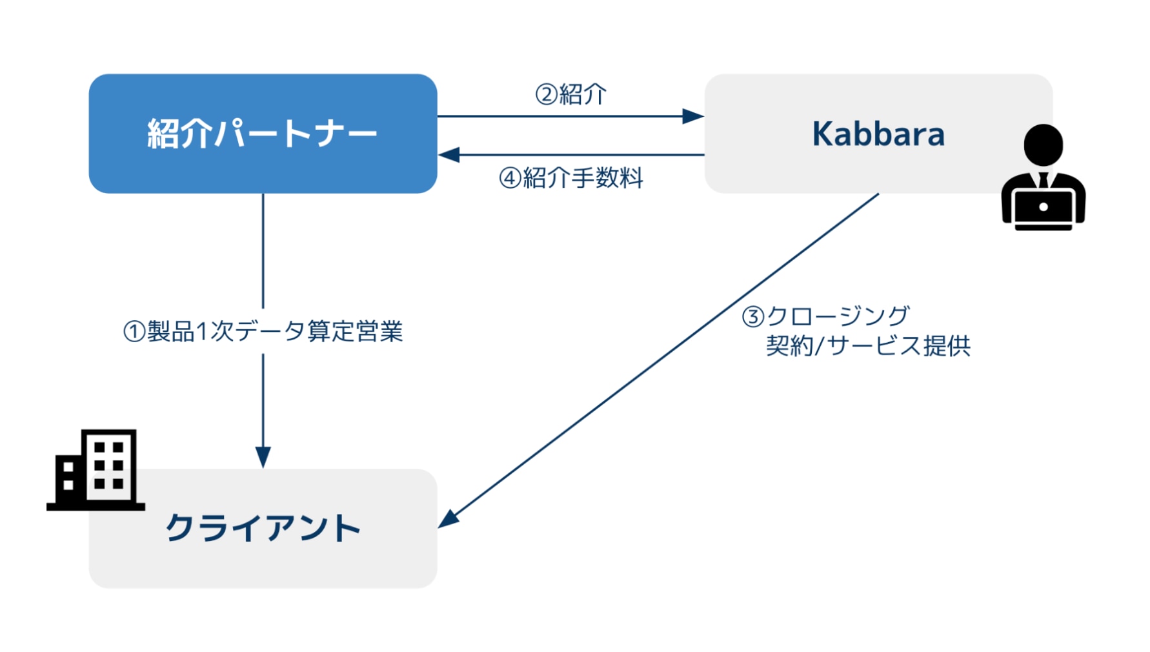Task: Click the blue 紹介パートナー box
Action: tap(263, 134)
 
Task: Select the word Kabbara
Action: tap(878, 134)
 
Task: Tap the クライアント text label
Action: tap(263, 528)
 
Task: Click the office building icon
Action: tap(96, 470)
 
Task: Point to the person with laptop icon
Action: tap(1044, 178)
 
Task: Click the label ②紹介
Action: tap(571, 94)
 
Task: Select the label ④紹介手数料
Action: tap(571, 178)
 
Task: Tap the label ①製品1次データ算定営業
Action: tap(263, 331)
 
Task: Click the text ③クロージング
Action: tap(826, 316)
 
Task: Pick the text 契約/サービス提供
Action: tap(868, 346)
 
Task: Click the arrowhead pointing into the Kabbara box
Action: tap(694, 116)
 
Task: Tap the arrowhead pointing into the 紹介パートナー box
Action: tap(449, 155)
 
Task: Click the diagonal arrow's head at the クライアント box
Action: tap(448, 519)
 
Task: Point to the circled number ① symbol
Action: tap(134, 332)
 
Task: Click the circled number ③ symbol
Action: tap(753, 317)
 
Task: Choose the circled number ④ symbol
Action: tap(510, 178)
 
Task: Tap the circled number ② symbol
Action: tap(547, 95)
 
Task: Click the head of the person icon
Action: tap(1044, 145)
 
